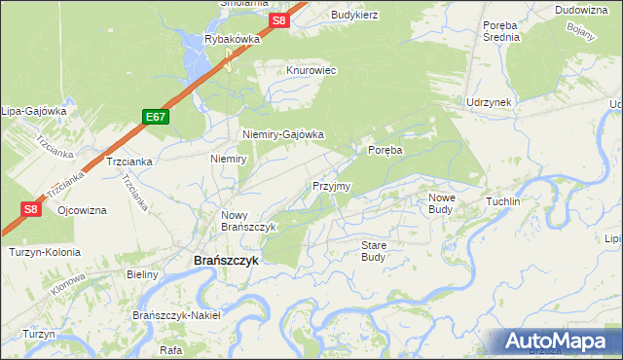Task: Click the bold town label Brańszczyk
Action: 219,262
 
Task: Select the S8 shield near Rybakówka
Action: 279,20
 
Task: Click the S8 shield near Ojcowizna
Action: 30,208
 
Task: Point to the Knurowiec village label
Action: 311,71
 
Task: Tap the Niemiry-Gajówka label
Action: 282,135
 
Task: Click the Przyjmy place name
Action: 331,185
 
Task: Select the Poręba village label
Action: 385,150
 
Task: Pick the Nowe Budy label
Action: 442,202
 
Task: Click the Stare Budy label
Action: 374,251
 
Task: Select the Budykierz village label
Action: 354,15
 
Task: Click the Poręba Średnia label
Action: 502,30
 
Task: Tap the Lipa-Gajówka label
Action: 33,110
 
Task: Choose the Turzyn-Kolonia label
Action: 44,252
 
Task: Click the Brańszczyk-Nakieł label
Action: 177,315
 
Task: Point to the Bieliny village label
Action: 142,275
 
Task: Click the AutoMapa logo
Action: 557,342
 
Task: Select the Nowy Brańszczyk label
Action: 249,221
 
